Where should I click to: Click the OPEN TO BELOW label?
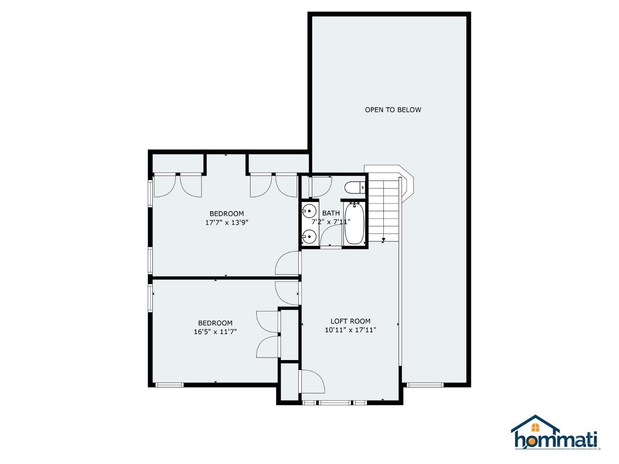393,110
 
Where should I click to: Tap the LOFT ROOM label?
350,321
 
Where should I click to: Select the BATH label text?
331,213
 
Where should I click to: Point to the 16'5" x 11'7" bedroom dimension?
215,332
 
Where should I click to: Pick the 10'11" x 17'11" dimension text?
350,330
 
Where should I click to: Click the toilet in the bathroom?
355,188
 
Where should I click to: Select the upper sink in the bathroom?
309,211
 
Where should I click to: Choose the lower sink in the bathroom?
309,237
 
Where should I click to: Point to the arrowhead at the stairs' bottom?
383,240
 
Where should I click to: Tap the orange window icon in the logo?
535,427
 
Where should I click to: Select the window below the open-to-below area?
425,385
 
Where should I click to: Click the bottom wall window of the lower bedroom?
169,385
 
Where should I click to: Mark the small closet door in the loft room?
313,382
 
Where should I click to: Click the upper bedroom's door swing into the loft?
287,264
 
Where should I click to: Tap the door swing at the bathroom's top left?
320,187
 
